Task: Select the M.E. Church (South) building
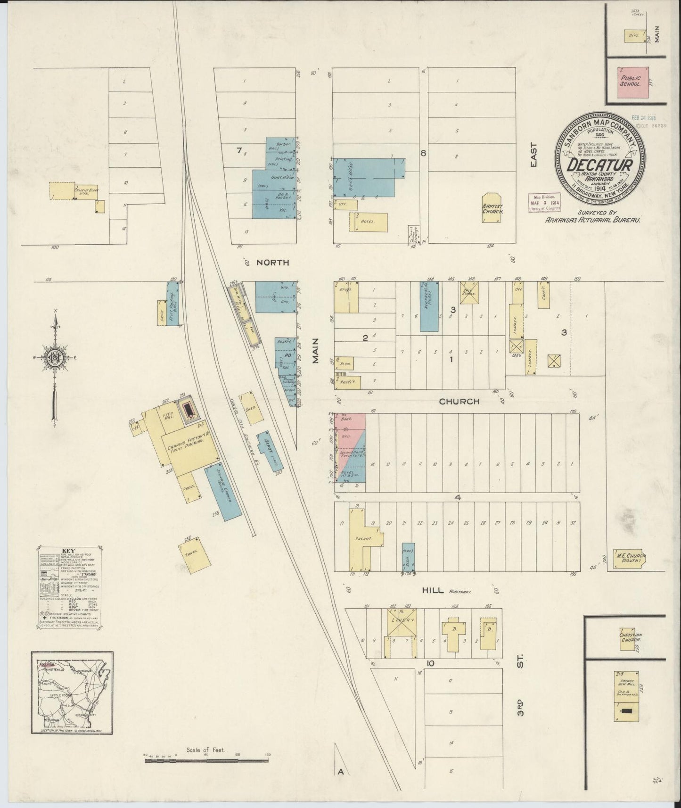(629, 560)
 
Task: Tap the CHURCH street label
(459, 402)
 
